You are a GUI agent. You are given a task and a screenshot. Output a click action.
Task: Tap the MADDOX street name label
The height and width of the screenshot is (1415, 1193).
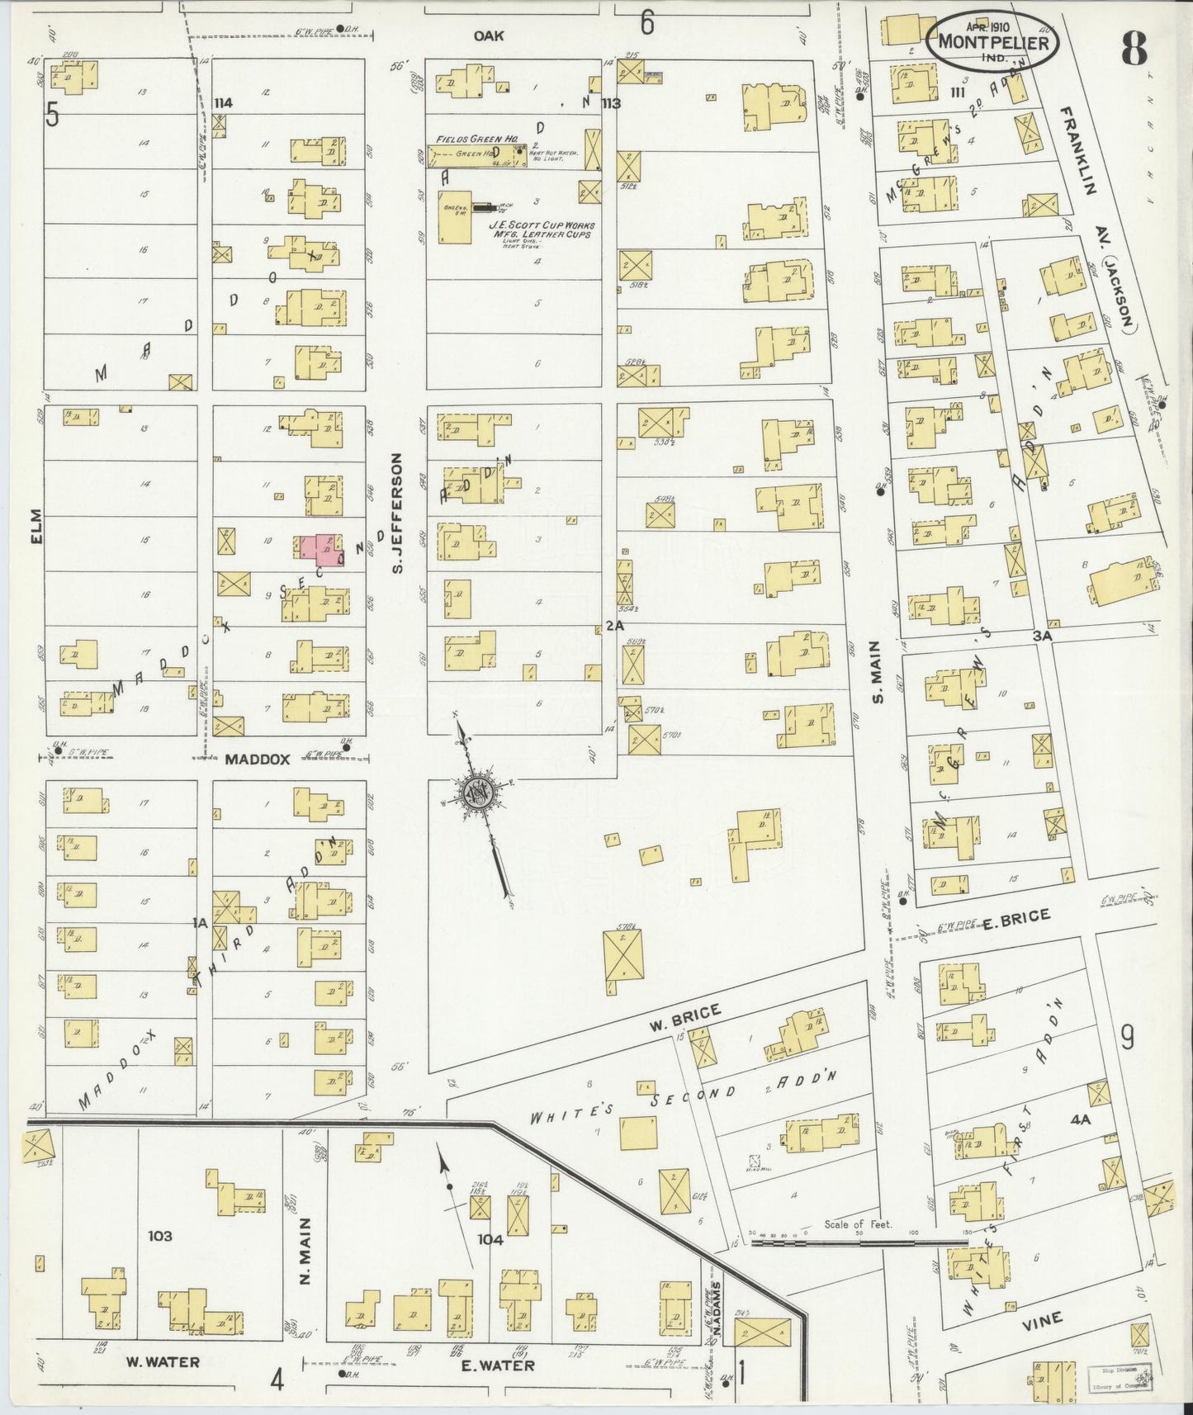pos(257,760)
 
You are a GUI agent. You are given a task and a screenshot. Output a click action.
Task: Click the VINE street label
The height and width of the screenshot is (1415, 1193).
pos(1042,1319)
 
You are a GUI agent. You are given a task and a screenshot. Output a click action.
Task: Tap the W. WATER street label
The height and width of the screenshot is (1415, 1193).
pos(162,1361)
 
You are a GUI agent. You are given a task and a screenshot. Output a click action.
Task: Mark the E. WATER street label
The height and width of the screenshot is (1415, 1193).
pos(497,1365)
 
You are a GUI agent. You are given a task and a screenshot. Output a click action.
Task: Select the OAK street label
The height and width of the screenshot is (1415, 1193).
pos(489,35)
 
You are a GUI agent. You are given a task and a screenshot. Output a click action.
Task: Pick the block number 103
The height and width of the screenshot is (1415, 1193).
pos(160,1236)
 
